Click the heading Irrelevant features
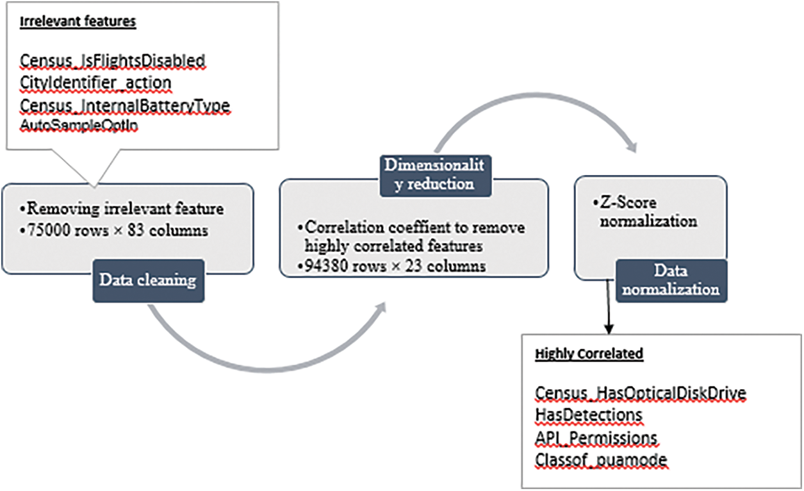(78, 22)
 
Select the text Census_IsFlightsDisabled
(112, 61)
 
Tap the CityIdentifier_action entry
(95, 83)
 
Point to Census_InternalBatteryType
(125, 104)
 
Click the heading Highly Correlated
(589, 354)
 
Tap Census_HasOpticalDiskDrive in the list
(641, 392)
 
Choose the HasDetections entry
(589, 415)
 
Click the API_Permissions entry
(596, 437)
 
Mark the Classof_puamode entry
(602, 460)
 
